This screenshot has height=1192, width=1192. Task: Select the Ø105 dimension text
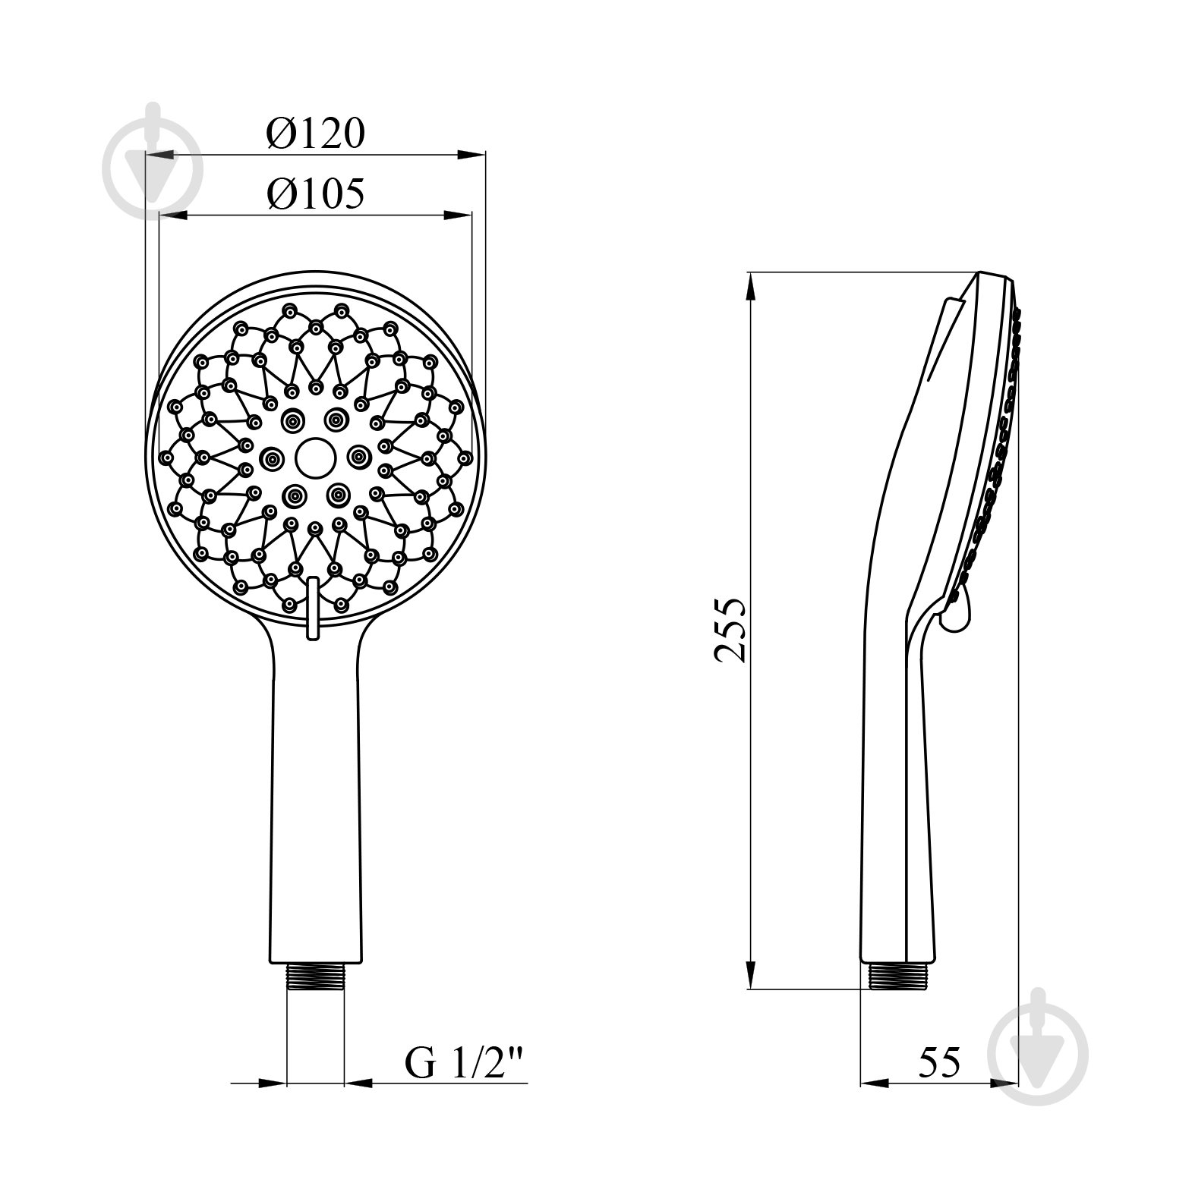point(316,193)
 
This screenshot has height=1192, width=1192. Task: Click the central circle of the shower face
point(314,456)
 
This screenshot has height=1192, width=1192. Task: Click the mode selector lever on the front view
point(311,608)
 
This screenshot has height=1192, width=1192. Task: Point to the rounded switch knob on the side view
point(956,613)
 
